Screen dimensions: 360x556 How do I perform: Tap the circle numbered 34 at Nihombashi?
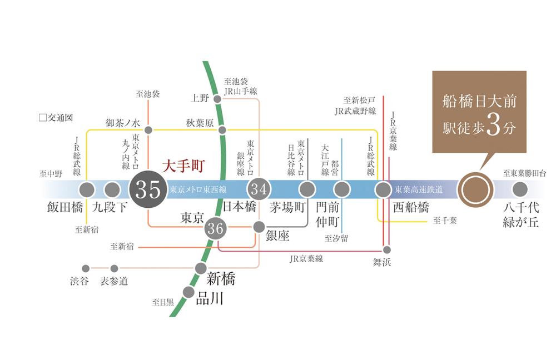point(259,189)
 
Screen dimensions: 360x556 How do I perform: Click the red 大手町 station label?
point(183,166)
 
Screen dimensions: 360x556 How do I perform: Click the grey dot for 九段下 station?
point(112,189)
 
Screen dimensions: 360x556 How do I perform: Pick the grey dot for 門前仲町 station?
point(341,189)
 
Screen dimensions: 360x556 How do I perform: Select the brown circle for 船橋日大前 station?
point(475,190)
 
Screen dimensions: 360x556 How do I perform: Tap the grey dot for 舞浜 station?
point(387,249)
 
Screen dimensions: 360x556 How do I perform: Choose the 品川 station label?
point(210,299)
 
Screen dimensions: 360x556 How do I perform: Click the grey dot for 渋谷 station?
point(86,268)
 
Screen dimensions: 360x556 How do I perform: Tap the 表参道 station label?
point(115,281)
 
